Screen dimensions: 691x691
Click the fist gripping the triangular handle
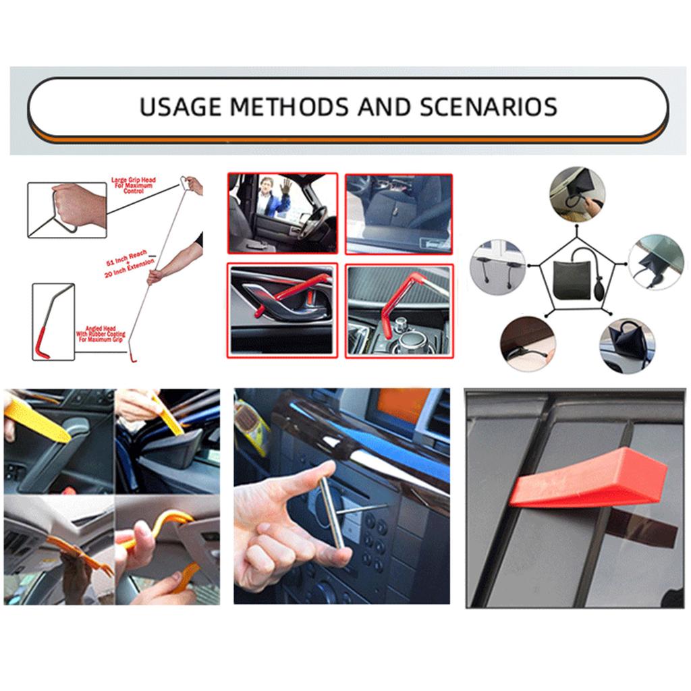pyautogui.click(x=80, y=205)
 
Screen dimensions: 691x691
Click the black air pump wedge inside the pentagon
pyautogui.click(x=574, y=277)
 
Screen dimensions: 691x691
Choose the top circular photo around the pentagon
pyautogui.click(x=576, y=194)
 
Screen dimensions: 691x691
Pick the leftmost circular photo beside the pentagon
pyautogui.click(x=498, y=267)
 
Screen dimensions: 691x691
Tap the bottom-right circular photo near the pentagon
pyautogui.click(x=627, y=345)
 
